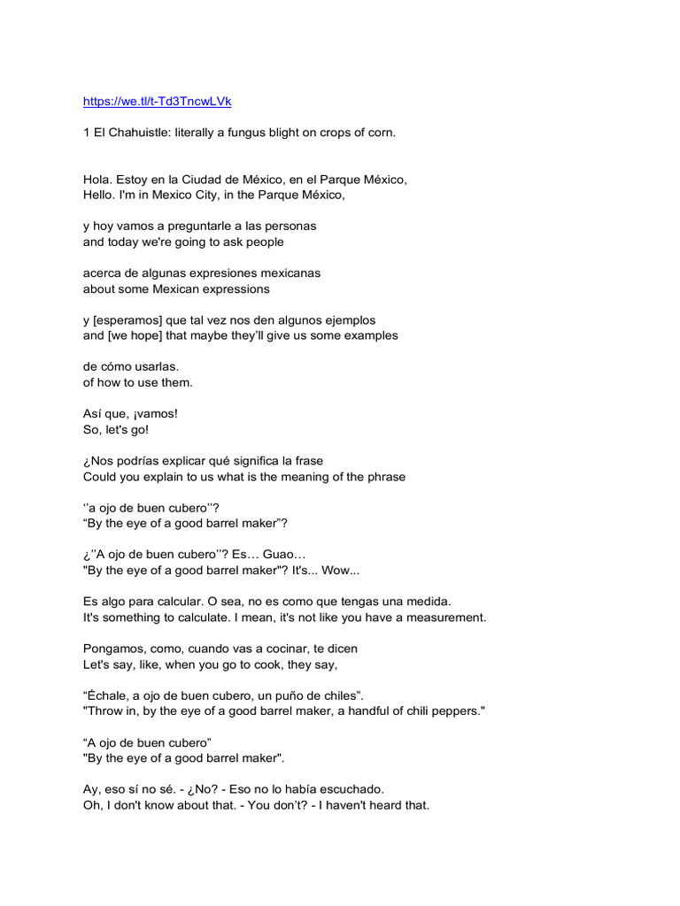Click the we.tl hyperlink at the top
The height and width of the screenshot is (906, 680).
(x=157, y=102)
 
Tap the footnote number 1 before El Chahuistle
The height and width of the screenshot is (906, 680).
(x=87, y=133)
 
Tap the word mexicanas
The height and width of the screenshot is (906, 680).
(x=288, y=273)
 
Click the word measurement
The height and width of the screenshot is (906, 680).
(x=447, y=617)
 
